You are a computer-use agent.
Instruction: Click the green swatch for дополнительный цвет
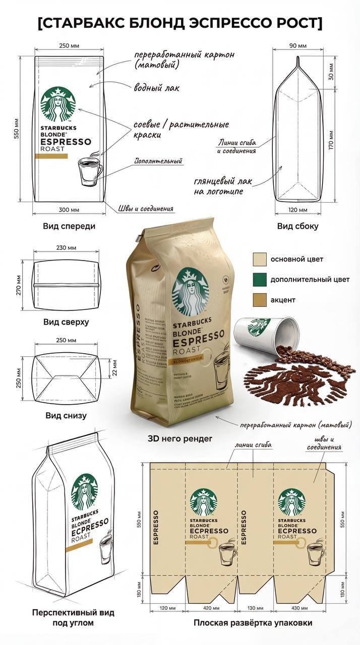coord(259,279)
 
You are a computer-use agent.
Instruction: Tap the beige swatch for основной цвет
coord(259,259)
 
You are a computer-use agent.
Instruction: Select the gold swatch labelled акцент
coord(259,300)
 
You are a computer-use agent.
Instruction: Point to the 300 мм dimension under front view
coord(69,209)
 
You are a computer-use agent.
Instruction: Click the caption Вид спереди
coord(69,226)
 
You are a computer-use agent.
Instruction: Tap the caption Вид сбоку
coord(297,226)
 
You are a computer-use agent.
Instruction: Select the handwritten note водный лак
coord(156,88)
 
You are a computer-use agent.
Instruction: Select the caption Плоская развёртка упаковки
coord(253,623)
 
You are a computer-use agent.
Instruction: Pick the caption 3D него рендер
coord(179,438)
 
